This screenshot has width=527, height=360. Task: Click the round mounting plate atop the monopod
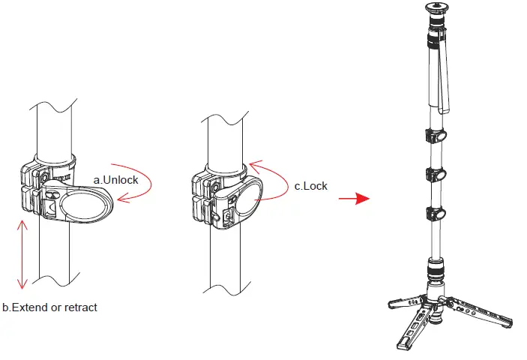(436, 9)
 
